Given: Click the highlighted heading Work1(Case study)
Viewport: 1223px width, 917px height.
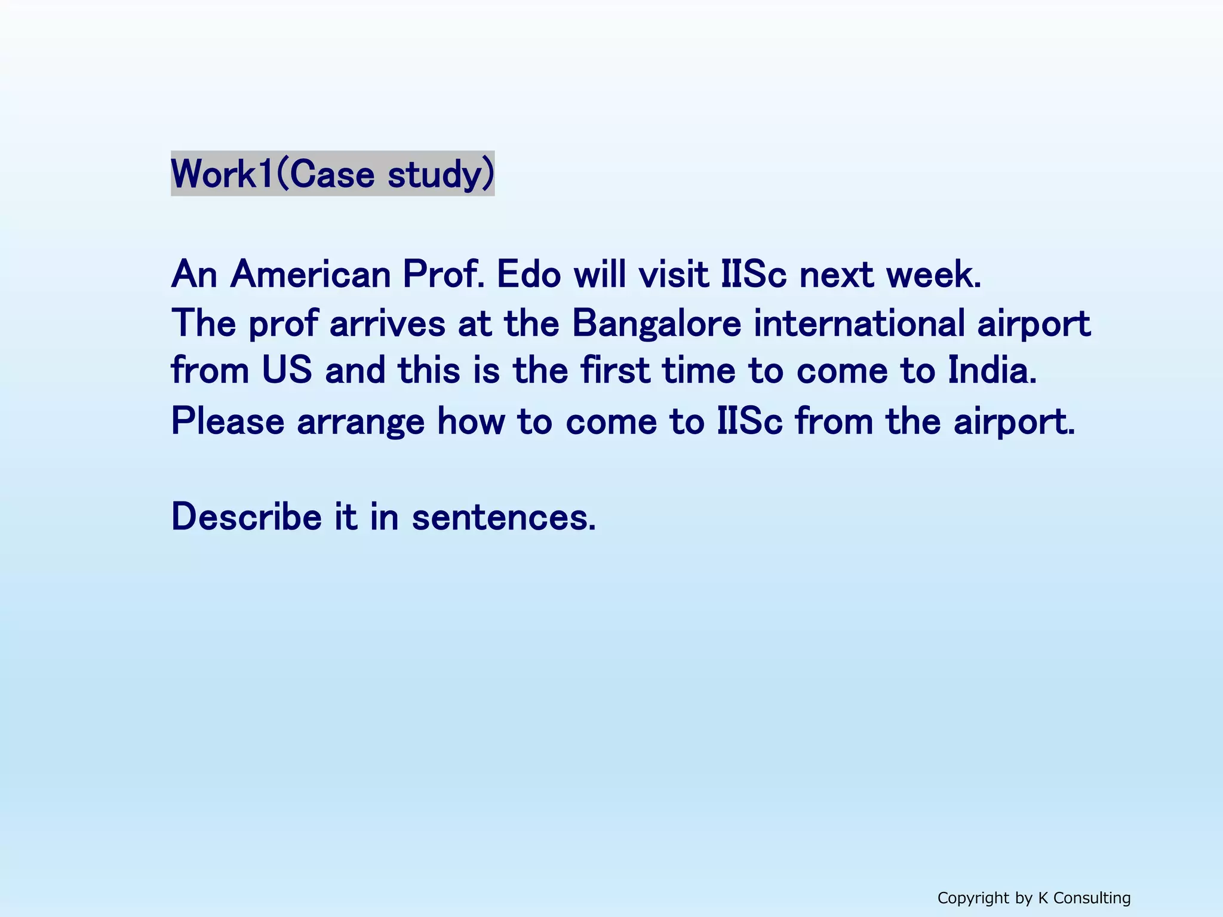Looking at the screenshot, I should click(x=333, y=174).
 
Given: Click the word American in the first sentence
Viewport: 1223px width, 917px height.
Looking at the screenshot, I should click(x=311, y=275).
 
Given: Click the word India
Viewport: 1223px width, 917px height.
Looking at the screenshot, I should click(x=992, y=371).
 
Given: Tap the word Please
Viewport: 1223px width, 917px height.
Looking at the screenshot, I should click(x=228, y=421).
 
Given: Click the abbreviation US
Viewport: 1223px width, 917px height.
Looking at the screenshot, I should click(x=287, y=371).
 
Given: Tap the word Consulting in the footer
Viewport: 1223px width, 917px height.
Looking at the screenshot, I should click(x=1092, y=898).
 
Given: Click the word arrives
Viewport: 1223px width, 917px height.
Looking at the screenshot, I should click(x=387, y=324).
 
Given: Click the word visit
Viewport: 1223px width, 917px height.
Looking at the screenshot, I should click(x=673, y=275).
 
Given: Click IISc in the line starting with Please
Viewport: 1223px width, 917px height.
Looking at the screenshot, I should click(x=749, y=421).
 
